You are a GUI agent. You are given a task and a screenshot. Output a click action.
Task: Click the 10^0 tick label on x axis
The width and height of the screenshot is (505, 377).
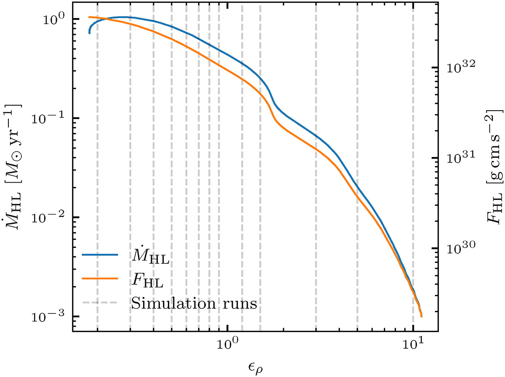pos(227,348)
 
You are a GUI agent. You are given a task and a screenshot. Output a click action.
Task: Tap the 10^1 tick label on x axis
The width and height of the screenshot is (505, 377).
pos(413,348)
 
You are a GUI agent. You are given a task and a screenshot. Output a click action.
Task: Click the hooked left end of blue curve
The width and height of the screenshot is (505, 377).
pos(89,33)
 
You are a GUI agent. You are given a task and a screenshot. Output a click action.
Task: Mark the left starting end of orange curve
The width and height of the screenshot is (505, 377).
pos(89,17)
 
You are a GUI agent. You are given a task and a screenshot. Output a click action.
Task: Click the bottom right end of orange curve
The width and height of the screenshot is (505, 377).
pos(421,316)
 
